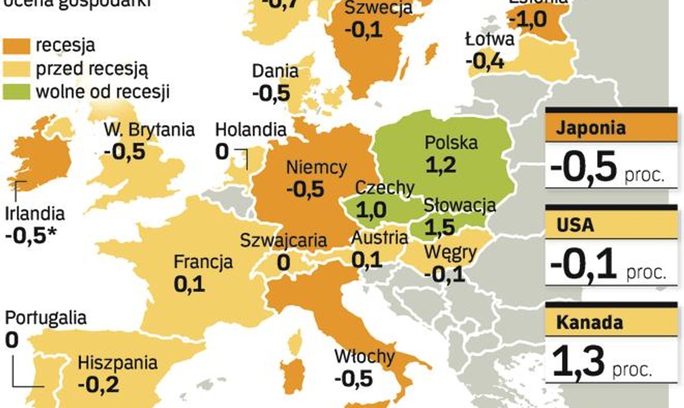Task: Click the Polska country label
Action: (451, 143)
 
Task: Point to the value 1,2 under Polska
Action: (441, 165)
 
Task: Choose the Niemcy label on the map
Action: (316, 168)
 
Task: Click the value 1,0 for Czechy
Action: (372, 209)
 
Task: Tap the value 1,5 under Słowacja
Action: (439, 227)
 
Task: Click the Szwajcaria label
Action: (283, 240)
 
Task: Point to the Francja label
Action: (203, 262)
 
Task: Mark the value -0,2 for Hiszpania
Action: (98, 385)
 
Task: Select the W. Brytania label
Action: (149, 129)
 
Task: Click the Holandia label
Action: (250, 130)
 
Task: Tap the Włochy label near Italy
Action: (364, 357)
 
